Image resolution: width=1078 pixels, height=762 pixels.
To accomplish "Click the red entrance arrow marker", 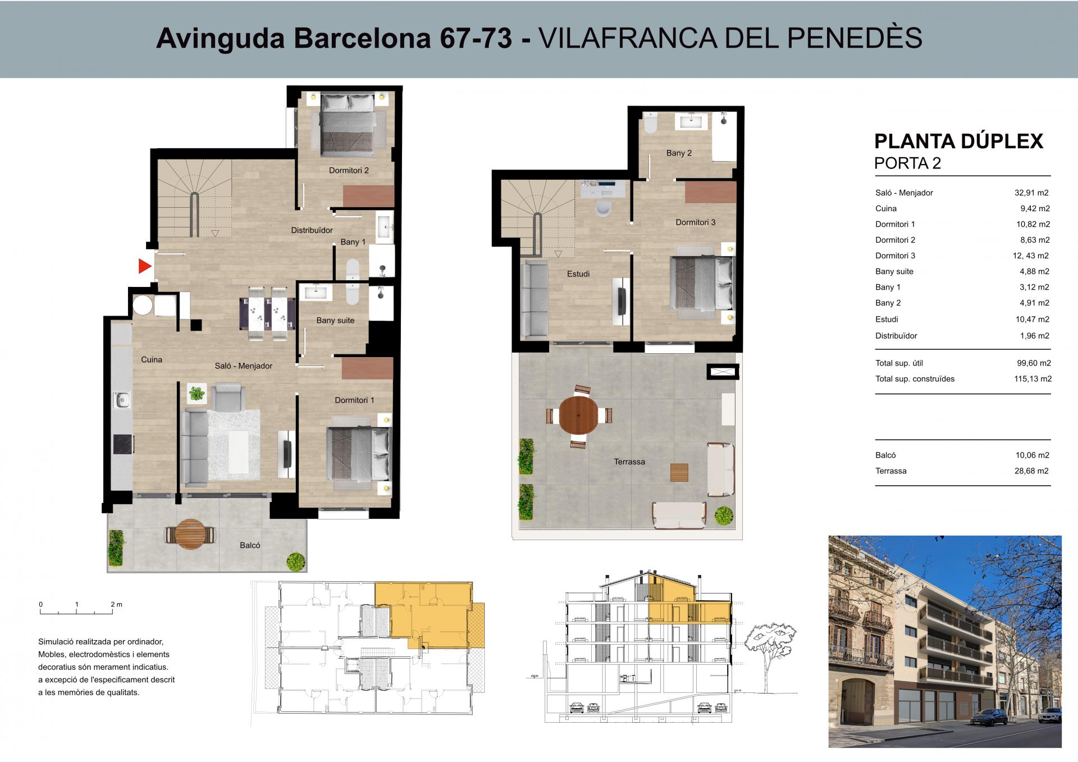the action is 145,266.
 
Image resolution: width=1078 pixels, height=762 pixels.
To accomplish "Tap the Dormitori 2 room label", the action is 349,170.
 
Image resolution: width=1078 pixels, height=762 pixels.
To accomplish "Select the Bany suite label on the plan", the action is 335,321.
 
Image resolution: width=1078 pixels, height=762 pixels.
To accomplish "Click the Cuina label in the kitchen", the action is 152,359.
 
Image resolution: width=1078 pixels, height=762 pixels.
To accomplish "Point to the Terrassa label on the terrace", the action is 629,462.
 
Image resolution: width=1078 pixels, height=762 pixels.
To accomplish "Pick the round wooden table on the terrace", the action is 579,416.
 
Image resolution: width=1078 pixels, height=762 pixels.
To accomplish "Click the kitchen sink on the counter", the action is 122,400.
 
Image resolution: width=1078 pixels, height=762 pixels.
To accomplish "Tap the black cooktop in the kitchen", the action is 122,444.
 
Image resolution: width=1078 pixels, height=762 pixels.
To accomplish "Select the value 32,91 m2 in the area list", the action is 1031,193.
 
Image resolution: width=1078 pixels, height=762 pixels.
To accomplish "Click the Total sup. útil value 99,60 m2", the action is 1033,363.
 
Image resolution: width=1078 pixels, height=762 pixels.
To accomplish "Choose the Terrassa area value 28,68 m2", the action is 1032,471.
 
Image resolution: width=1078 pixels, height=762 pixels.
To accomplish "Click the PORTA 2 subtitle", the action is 908,163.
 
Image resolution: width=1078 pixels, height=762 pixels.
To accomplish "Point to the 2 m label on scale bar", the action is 116,605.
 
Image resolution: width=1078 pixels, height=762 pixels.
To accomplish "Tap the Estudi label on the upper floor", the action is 578,274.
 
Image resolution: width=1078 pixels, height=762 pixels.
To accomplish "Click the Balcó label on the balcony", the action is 250,545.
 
